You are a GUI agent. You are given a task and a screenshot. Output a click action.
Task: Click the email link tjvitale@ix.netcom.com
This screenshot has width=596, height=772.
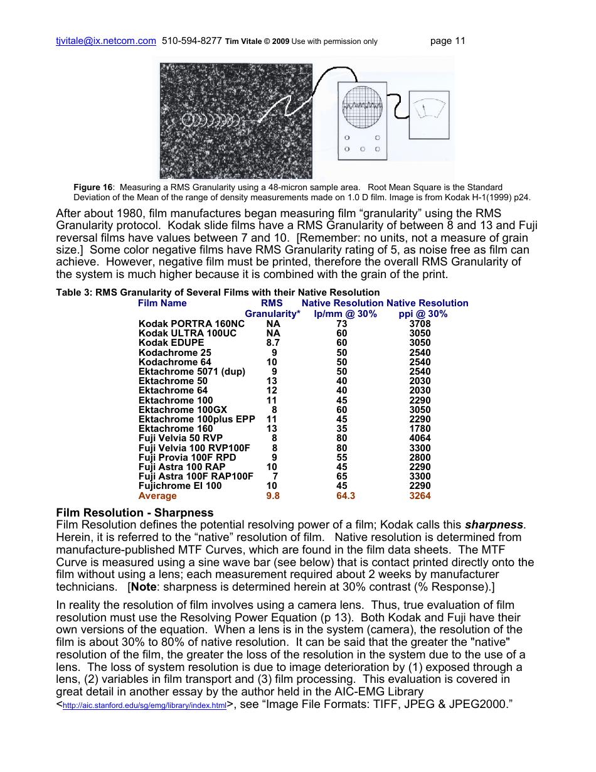[106, 41]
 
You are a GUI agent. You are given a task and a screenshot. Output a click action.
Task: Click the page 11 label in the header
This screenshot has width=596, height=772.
[447, 41]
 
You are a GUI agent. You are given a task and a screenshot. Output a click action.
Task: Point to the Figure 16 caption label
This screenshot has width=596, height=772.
[93, 187]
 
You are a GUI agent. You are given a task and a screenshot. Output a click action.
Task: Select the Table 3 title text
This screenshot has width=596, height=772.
[218, 292]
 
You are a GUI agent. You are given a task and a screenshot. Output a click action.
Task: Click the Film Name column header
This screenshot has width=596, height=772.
[162, 303]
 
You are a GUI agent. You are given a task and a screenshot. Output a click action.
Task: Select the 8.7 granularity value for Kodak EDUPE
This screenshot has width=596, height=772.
[273, 343]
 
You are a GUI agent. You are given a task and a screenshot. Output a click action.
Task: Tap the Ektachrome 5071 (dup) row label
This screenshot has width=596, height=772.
[191, 372]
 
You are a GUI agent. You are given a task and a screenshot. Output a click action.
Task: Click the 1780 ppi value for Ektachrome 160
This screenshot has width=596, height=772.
[420, 429]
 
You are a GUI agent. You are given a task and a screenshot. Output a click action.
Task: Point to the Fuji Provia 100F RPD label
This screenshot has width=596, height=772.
[187, 458]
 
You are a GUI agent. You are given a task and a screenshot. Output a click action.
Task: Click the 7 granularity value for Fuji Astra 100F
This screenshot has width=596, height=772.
[275, 476]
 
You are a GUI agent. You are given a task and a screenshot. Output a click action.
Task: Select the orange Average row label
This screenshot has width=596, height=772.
[157, 496]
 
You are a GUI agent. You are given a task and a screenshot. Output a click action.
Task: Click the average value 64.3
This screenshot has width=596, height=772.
[345, 496]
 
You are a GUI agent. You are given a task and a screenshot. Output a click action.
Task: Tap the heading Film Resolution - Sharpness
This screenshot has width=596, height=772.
[134, 513]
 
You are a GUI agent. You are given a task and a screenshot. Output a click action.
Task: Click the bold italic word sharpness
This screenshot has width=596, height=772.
[493, 525]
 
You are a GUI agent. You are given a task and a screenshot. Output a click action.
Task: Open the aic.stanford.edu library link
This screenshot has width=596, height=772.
[144, 706]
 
